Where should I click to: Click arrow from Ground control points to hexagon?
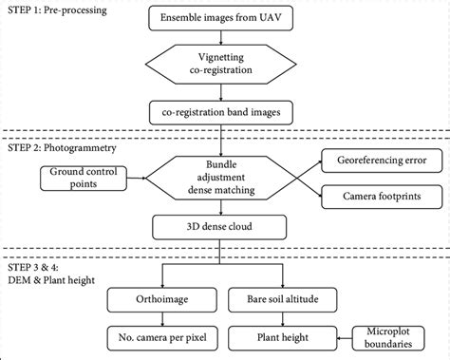point(128,177)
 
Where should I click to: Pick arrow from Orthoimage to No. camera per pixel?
point(163,318)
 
